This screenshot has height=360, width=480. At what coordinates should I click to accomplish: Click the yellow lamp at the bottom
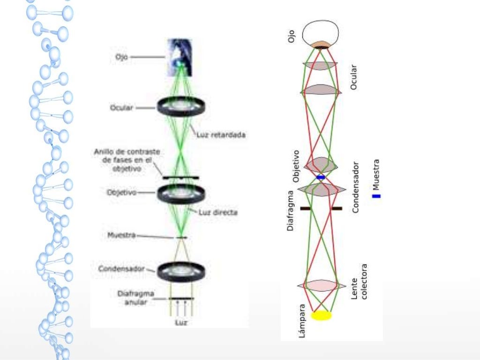point(321,315)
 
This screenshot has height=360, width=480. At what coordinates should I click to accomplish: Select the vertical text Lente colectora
point(360,281)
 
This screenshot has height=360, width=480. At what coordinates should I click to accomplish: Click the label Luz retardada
point(221,135)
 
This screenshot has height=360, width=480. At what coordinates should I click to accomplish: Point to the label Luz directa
point(217,212)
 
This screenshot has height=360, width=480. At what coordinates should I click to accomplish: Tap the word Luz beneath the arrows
point(181,322)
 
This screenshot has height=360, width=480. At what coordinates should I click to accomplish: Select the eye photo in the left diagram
point(180,57)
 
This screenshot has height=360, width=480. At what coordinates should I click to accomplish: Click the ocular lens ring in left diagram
point(180,107)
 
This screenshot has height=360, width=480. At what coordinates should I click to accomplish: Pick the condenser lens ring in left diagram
point(180,270)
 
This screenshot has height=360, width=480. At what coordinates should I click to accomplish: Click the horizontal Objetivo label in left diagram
point(121,193)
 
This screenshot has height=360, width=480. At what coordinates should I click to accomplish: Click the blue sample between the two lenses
point(321,177)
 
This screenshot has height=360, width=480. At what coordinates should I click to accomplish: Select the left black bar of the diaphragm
point(305,208)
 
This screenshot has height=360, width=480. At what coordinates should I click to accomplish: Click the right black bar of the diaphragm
point(337,208)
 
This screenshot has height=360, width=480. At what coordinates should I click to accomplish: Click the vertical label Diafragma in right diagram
point(291,210)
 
